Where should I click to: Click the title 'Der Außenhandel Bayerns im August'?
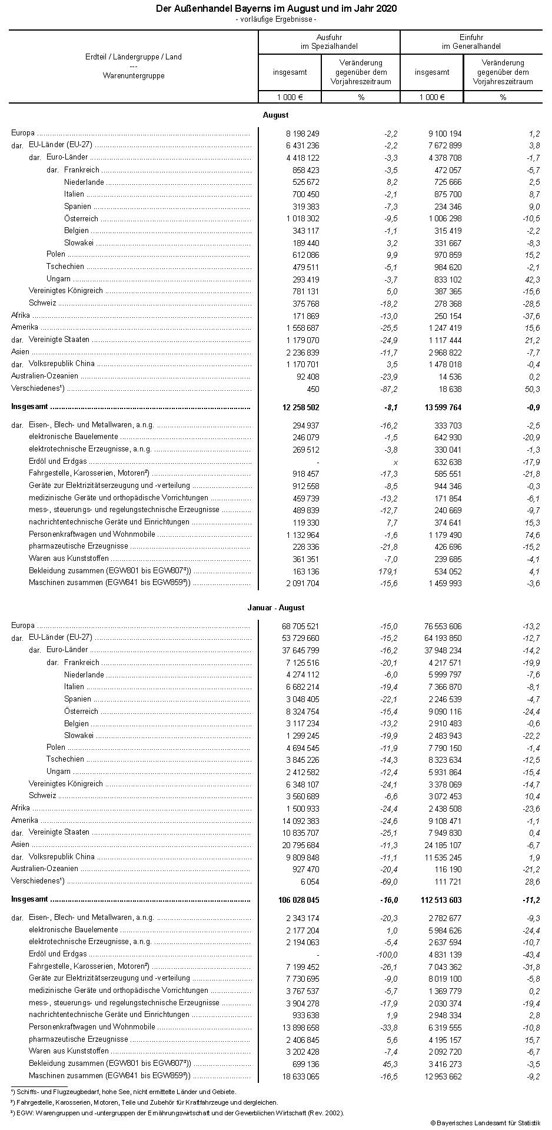pos(276,9)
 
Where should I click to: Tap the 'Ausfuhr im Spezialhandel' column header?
pos(329,41)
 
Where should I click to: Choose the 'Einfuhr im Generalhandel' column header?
pos(471,41)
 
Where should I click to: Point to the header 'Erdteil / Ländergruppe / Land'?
pos(134,57)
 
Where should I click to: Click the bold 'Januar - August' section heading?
pos(276,608)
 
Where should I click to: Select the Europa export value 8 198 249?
pos(300,134)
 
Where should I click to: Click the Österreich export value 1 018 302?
pos(300,219)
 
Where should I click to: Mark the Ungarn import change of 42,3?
pos(532,280)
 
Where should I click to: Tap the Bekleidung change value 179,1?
pos(388,571)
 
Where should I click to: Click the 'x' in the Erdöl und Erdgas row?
pos(395,463)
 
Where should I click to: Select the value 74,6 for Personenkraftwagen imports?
pos(532,535)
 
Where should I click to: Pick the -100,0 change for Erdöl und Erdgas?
pos(385,955)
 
